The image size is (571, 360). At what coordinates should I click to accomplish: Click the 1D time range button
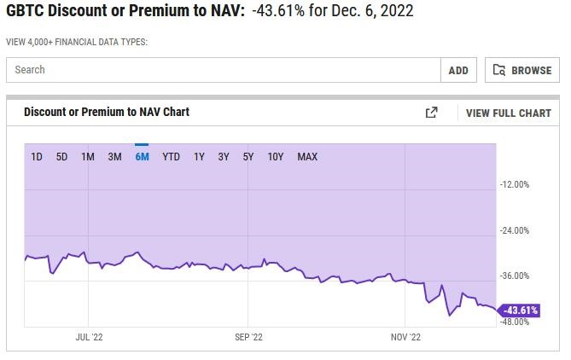pyautogui.click(x=37, y=157)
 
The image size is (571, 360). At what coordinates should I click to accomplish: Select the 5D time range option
pyautogui.click(x=61, y=157)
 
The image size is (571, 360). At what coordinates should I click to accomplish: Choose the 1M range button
pyautogui.click(x=88, y=157)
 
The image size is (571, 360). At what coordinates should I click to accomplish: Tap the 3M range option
pyautogui.click(x=114, y=157)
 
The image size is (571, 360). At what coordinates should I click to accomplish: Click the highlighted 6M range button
pyautogui.click(x=142, y=157)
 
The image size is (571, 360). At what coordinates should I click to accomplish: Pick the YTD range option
pyautogui.click(x=171, y=157)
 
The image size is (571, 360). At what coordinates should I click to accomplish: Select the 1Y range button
pyautogui.click(x=199, y=157)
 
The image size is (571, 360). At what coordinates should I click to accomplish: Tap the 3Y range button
pyautogui.click(x=224, y=157)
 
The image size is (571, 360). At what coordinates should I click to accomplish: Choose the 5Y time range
pyautogui.click(x=248, y=157)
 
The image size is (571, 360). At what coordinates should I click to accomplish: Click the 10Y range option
pyautogui.click(x=276, y=157)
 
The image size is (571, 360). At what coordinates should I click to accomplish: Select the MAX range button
pyautogui.click(x=307, y=157)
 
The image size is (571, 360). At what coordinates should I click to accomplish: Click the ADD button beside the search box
pyautogui.click(x=458, y=71)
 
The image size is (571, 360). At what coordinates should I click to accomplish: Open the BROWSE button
pyautogui.click(x=521, y=71)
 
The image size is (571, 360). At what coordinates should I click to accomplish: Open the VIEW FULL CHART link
pyautogui.click(x=509, y=113)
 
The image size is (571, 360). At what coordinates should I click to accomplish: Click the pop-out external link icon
pyautogui.click(x=432, y=113)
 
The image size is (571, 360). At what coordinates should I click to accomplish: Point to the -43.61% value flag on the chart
pyautogui.click(x=519, y=311)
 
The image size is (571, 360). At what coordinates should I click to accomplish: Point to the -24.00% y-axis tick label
pyautogui.click(x=515, y=230)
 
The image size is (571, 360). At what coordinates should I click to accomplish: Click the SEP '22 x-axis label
pyautogui.click(x=248, y=338)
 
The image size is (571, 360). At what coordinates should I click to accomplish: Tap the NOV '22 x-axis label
pyautogui.click(x=406, y=338)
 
